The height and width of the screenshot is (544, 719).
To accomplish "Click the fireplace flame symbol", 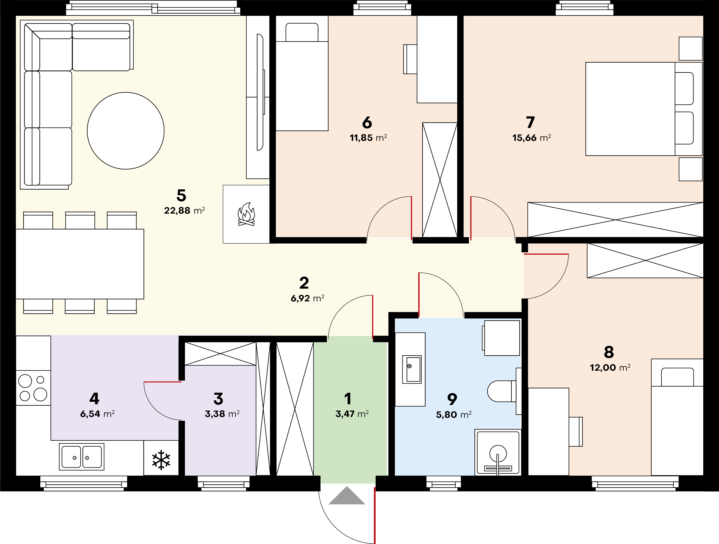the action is click(246, 214).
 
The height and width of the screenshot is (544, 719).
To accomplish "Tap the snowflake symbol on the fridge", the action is click(161, 460).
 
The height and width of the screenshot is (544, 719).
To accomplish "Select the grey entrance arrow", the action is click(347, 495).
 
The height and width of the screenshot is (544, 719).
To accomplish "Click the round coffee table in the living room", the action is click(125, 131).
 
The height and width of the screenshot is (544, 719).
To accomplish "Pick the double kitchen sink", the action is click(82, 457).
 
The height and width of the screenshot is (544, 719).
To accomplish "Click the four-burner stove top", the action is click(33, 388).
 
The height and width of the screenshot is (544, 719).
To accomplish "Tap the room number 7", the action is click(530, 123).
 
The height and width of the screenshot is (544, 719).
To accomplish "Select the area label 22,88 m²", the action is click(184, 211).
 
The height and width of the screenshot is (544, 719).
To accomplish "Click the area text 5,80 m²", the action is click(454, 415).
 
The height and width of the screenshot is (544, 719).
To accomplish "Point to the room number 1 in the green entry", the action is click(348, 399).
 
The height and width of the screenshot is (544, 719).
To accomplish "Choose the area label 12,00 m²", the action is click(610, 368).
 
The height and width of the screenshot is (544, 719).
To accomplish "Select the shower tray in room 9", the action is click(498, 452).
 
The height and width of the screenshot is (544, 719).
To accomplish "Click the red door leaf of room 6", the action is click(412, 218).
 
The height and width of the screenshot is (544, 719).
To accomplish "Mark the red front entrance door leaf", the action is click(375, 515).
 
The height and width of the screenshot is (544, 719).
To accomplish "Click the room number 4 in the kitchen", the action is click(94, 399).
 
